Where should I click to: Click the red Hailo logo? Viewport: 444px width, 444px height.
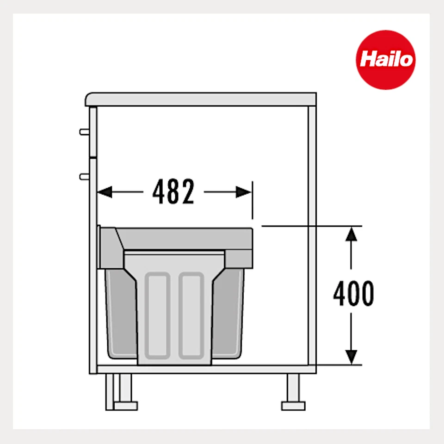(385, 59)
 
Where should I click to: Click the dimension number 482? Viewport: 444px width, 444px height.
(174, 192)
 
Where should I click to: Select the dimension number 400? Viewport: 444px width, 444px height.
(354, 294)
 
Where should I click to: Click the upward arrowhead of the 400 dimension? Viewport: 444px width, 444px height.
(352, 234)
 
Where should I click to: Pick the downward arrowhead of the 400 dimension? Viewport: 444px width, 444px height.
(352, 356)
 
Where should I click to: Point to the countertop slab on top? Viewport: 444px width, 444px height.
(201, 99)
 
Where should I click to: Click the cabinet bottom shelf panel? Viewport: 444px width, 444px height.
(203, 369)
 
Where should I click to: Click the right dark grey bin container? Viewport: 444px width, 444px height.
(228, 314)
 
